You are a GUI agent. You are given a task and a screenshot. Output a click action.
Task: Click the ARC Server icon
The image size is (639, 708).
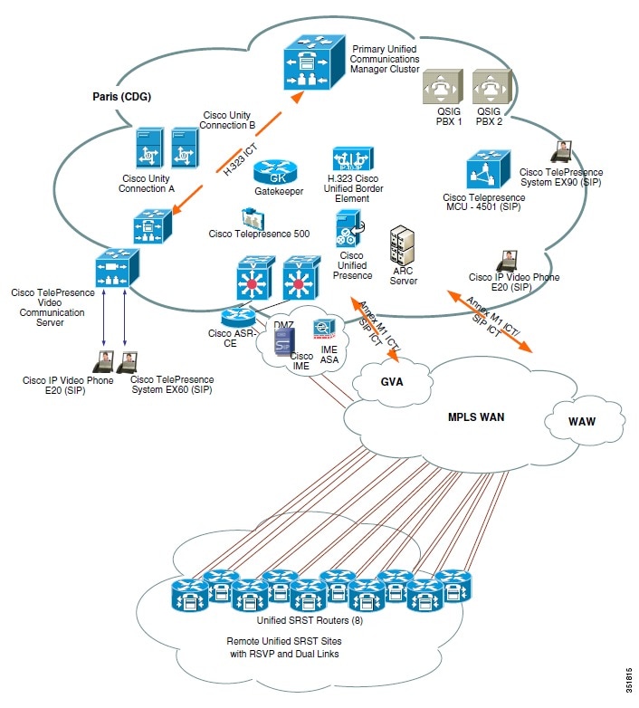(x=403, y=246)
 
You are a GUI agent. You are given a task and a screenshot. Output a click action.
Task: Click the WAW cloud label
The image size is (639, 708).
(x=582, y=422)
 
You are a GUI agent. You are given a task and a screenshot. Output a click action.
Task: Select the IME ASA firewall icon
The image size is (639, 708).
(x=325, y=330)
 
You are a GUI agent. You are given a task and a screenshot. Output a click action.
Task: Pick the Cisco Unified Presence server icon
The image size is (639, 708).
(x=348, y=227)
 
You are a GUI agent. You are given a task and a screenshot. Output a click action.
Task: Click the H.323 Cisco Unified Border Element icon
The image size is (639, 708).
(x=348, y=164)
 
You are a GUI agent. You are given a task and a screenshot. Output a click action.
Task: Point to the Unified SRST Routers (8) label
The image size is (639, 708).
(x=285, y=619)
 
